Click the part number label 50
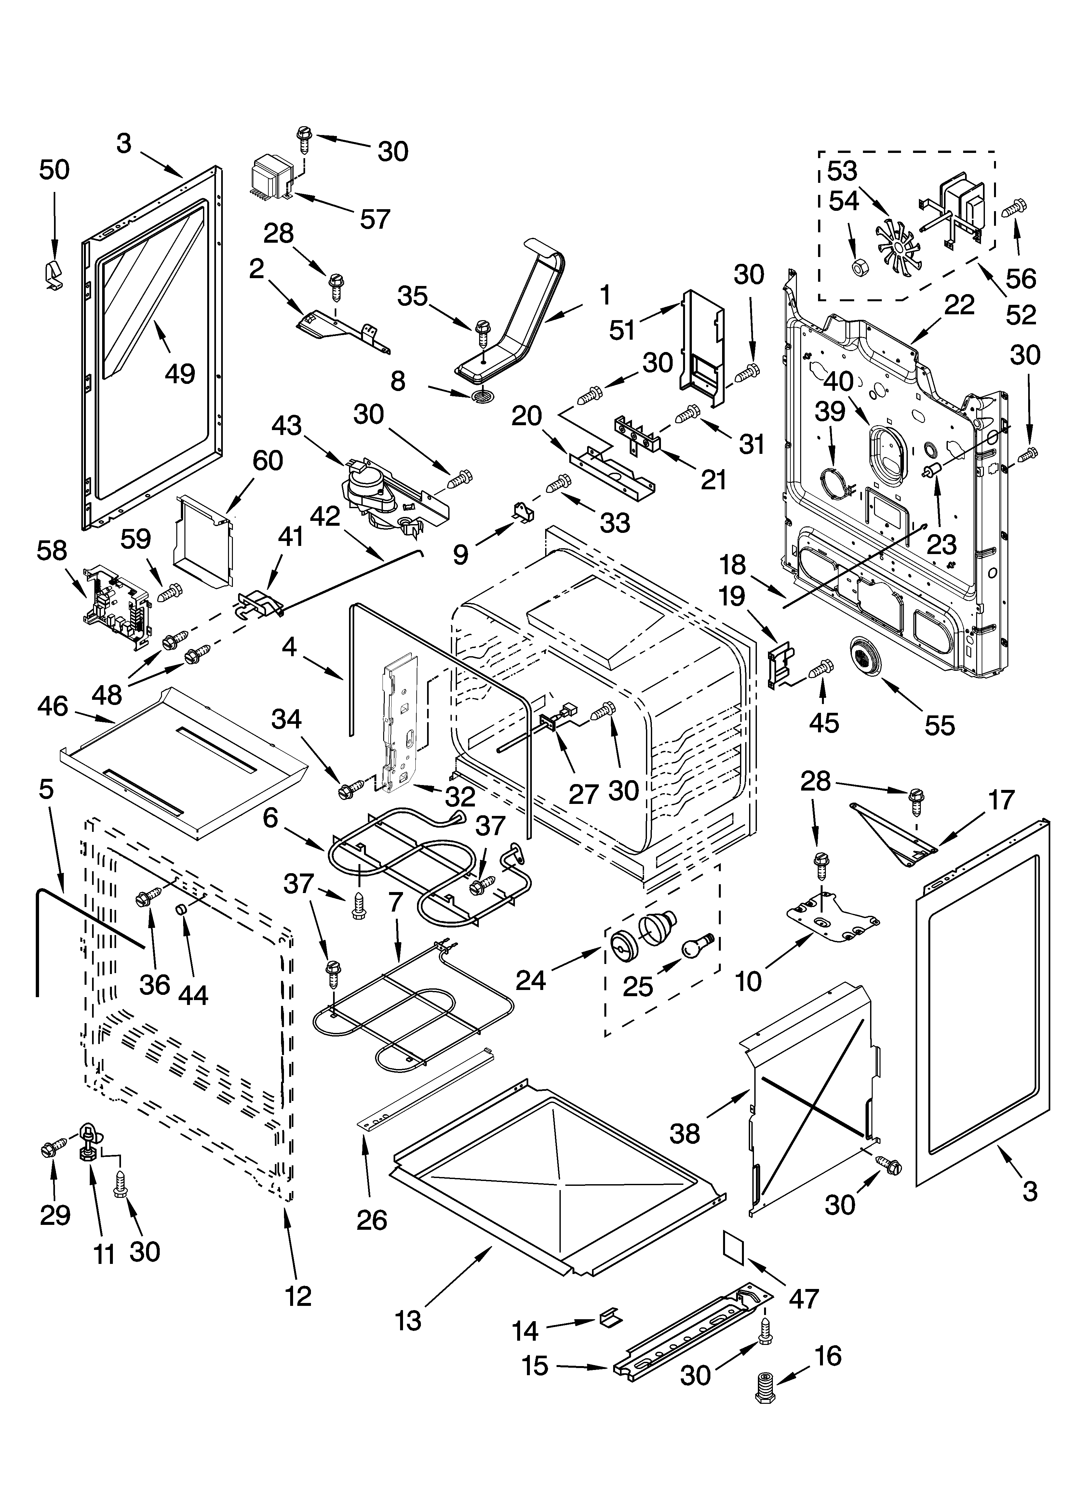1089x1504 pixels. tap(54, 170)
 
